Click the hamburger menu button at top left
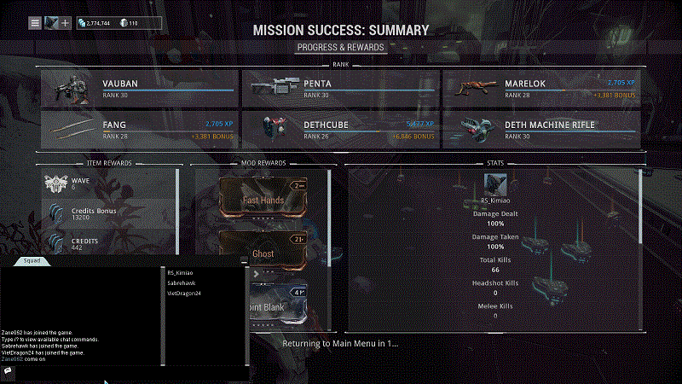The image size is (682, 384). pyautogui.click(x=35, y=22)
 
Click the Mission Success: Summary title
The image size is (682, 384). pyautogui.click(x=341, y=30)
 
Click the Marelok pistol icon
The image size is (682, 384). pyautogui.click(x=472, y=88)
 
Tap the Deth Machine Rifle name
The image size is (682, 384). pyautogui.click(x=550, y=125)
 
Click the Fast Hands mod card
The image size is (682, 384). pyautogui.click(x=263, y=200)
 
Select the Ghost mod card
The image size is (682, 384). pyautogui.click(x=263, y=253)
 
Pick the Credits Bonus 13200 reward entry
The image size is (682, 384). pyautogui.click(x=94, y=213)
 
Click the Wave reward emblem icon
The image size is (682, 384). pyautogui.click(x=55, y=183)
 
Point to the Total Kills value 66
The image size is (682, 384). pyautogui.click(x=495, y=270)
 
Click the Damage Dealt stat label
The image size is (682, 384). pyautogui.click(x=495, y=213)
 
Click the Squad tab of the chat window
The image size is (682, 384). pyautogui.click(x=32, y=261)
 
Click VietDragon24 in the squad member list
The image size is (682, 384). pyautogui.click(x=184, y=294)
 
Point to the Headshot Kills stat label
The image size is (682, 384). pyautogui.click(x=495, y=282)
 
